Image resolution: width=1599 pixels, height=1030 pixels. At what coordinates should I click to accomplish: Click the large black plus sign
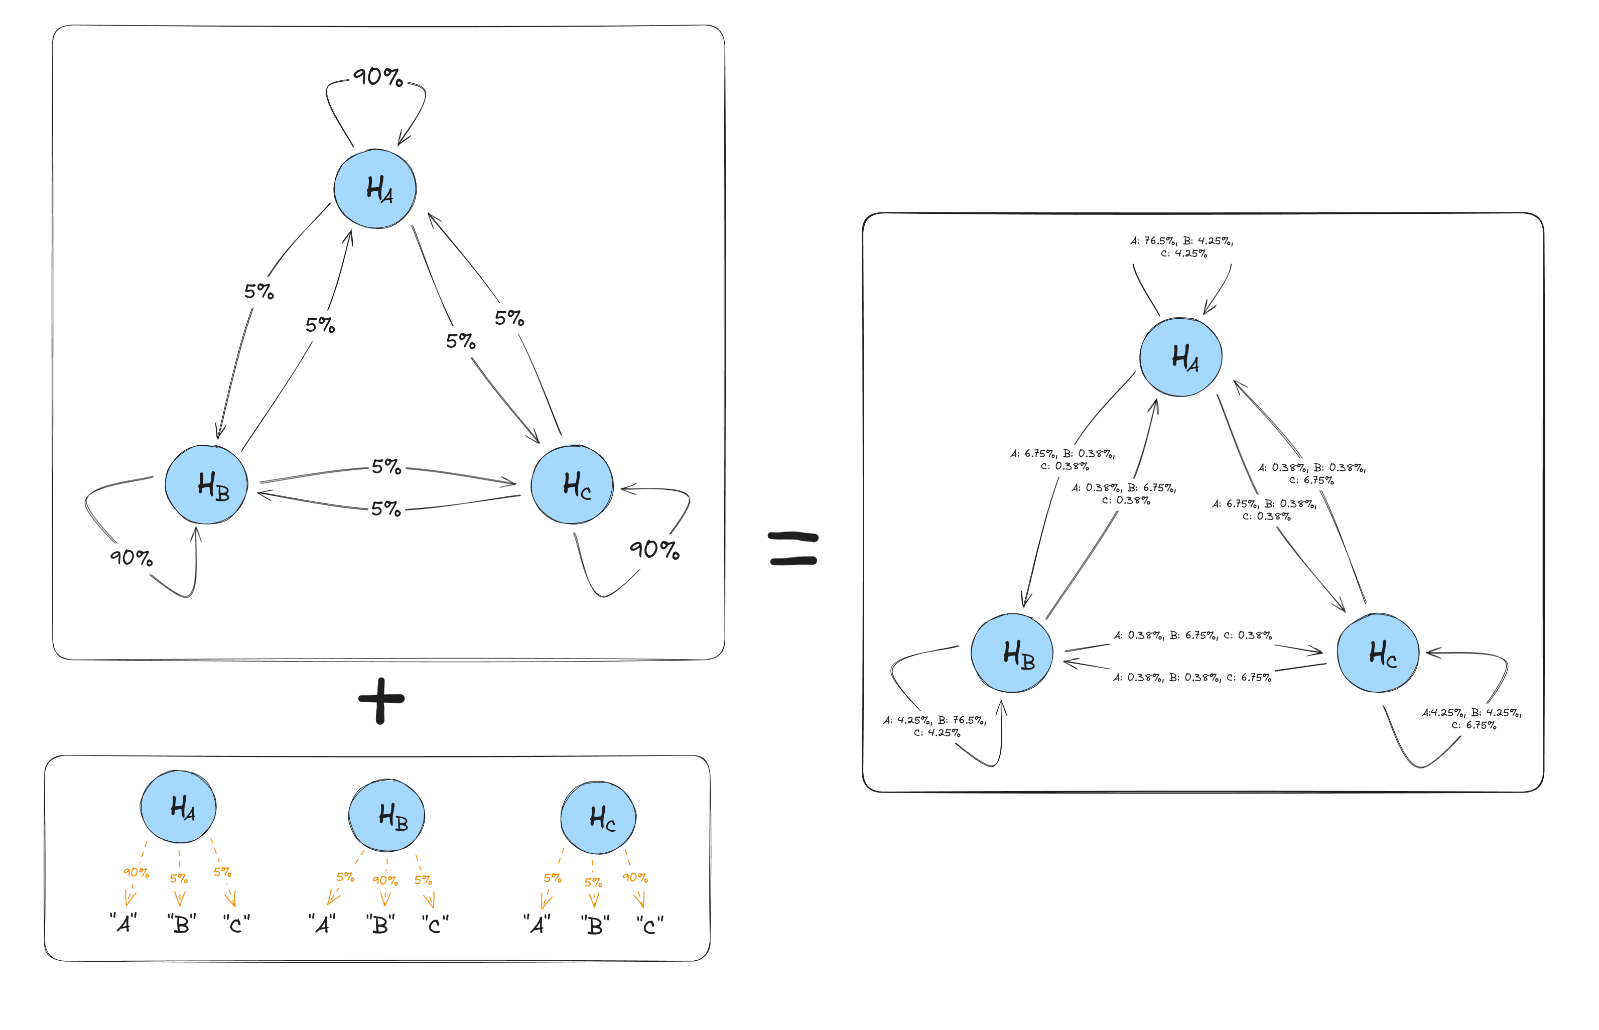click(381, 700)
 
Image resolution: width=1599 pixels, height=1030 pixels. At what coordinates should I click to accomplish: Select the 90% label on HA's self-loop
click(378, 77)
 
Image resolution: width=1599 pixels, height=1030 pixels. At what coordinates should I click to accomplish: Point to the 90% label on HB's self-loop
click(131, 557)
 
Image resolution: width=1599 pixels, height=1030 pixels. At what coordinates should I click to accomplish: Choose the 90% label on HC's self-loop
click(654, 550)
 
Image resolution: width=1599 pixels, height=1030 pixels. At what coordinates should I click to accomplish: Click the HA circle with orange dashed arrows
click(179, 807)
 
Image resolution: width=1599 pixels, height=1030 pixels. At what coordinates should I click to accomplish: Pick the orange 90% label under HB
click(384, 881)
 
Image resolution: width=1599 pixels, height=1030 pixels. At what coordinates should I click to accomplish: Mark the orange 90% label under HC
click(635, 877)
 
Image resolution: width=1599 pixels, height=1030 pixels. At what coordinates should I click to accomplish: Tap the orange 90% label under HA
click(136, 873)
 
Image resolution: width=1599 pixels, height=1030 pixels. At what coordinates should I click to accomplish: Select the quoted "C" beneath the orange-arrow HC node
click(650, 926)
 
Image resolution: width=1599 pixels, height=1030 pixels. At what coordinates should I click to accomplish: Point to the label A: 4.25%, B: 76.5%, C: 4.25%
click(935, 726)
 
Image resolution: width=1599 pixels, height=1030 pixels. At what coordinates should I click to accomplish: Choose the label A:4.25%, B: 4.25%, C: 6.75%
click(1471, 719)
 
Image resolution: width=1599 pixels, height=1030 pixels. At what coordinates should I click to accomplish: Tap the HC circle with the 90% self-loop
click(572, 485)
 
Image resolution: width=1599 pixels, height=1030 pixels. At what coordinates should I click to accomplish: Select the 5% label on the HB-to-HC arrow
click(386, 466)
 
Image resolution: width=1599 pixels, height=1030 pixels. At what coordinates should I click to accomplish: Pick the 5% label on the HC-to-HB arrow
click(386, 509)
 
